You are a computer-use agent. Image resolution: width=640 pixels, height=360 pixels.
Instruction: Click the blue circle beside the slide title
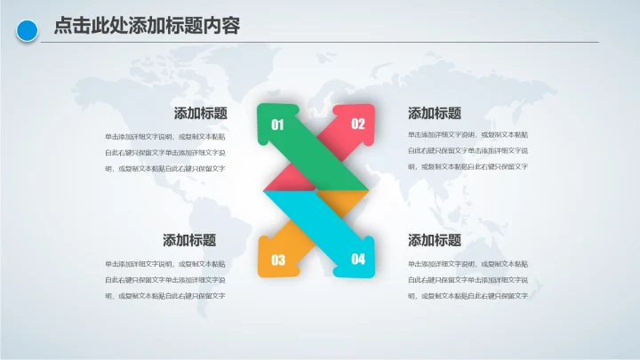click(28, 30)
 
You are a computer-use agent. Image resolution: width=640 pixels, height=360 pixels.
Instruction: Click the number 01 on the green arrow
click(277, 125)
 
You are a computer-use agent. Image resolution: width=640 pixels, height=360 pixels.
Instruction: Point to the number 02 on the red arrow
click(358, 124)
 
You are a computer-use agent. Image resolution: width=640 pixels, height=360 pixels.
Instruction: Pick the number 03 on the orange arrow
click(278, 260)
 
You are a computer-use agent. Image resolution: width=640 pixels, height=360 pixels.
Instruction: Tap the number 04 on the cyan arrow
click(358, 260)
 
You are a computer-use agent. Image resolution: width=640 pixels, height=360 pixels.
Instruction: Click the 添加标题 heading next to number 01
click(200, 114)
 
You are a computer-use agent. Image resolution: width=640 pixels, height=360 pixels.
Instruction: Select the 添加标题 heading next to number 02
click(435, 114)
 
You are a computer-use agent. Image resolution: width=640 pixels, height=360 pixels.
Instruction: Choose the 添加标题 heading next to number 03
click(188, 240)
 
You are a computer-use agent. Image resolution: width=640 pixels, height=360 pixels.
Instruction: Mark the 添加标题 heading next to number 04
click(435, 240)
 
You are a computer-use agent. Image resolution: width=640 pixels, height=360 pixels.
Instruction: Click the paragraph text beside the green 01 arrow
click(164, 152)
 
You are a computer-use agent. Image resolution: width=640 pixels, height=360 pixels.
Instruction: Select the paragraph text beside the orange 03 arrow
click(164, 279)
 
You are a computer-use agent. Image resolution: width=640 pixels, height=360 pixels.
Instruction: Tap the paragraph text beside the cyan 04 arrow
click(468, 279)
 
